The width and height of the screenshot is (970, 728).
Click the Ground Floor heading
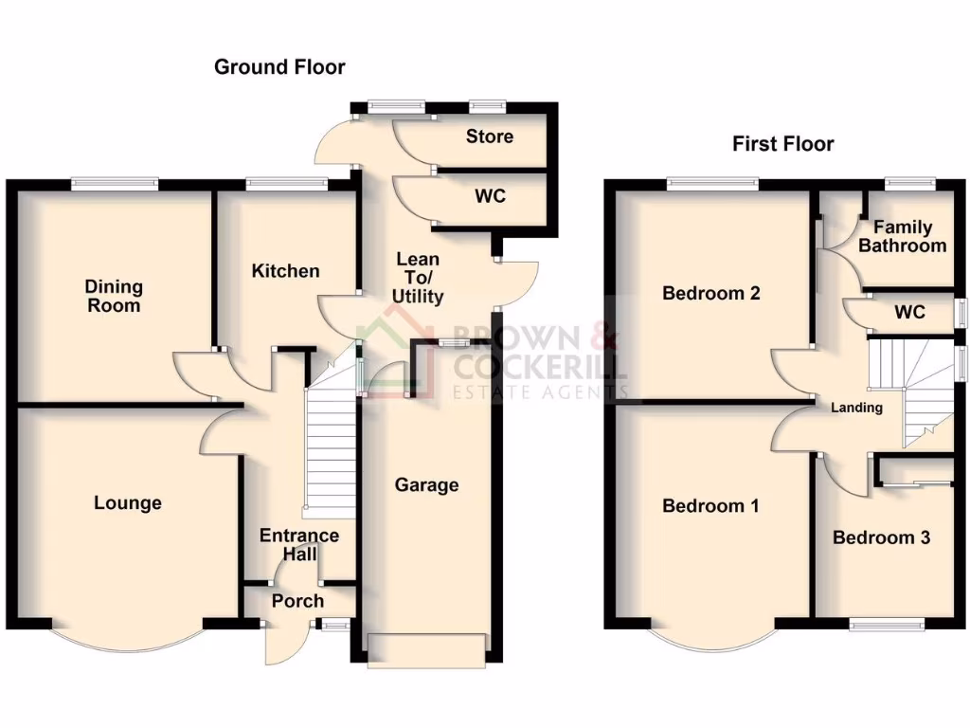pos(279,67)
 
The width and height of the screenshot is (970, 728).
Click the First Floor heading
pos(782,144)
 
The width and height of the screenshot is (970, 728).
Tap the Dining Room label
pos(114,296)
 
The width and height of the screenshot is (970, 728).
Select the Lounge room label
pos(127,503)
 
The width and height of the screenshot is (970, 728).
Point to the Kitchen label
pos(285,271)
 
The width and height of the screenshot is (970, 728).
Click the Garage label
pos(426,485)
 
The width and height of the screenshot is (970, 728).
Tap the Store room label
pos(490,136)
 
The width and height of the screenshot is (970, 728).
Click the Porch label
pos(297,601)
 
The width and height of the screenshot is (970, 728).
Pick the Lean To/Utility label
pos(418,278)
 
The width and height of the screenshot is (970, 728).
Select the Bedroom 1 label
pos(710,506)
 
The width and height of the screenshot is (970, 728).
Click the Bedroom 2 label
pos(710,294)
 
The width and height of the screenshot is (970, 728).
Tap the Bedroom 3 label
pos(881,537)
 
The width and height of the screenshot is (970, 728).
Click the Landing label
pos(856,409)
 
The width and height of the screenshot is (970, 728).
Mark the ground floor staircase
pos(330,446)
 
